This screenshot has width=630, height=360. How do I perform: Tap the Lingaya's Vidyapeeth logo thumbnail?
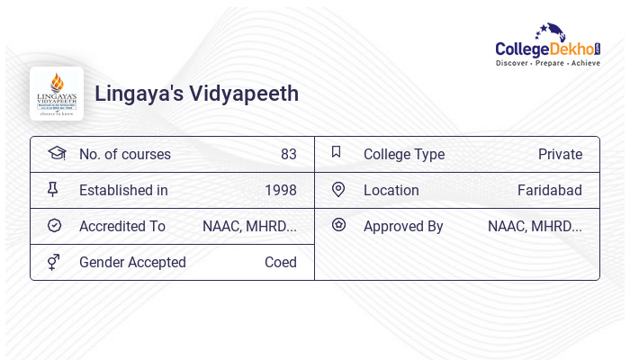coord(57,94)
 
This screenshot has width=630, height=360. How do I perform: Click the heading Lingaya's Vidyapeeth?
coord(197,94)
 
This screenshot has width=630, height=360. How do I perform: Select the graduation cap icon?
coord(56,153)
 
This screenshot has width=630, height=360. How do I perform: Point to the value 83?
coord(288,154)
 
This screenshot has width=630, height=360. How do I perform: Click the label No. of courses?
coord(124,154)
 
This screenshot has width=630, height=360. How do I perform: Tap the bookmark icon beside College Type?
coord(337,152)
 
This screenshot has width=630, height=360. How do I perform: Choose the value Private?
coord(560,154)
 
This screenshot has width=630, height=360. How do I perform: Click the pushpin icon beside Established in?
coord(53,189)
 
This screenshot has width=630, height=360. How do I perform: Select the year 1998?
coord(281,190)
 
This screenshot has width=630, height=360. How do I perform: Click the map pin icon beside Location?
coord(338,189)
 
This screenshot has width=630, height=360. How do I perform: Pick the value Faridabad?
coord(549,190)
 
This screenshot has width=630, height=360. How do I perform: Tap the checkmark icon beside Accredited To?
coord(54,225)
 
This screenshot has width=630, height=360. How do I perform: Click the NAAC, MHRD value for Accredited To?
coord(249,226)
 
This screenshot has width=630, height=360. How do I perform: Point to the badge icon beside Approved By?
coord(338,225)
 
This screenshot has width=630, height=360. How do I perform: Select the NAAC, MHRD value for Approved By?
coord(535,226)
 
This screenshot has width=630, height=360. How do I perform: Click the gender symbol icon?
coord(54,262)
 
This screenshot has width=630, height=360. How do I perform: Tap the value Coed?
coord(281,262)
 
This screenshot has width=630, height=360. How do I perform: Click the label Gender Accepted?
coord(132,262)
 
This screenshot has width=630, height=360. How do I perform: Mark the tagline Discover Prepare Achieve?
coord(547,64)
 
